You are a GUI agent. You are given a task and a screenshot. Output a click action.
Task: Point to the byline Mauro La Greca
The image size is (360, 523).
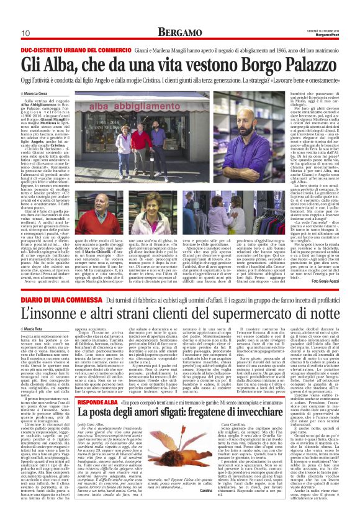pyautogui.click(x=39, y=93)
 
